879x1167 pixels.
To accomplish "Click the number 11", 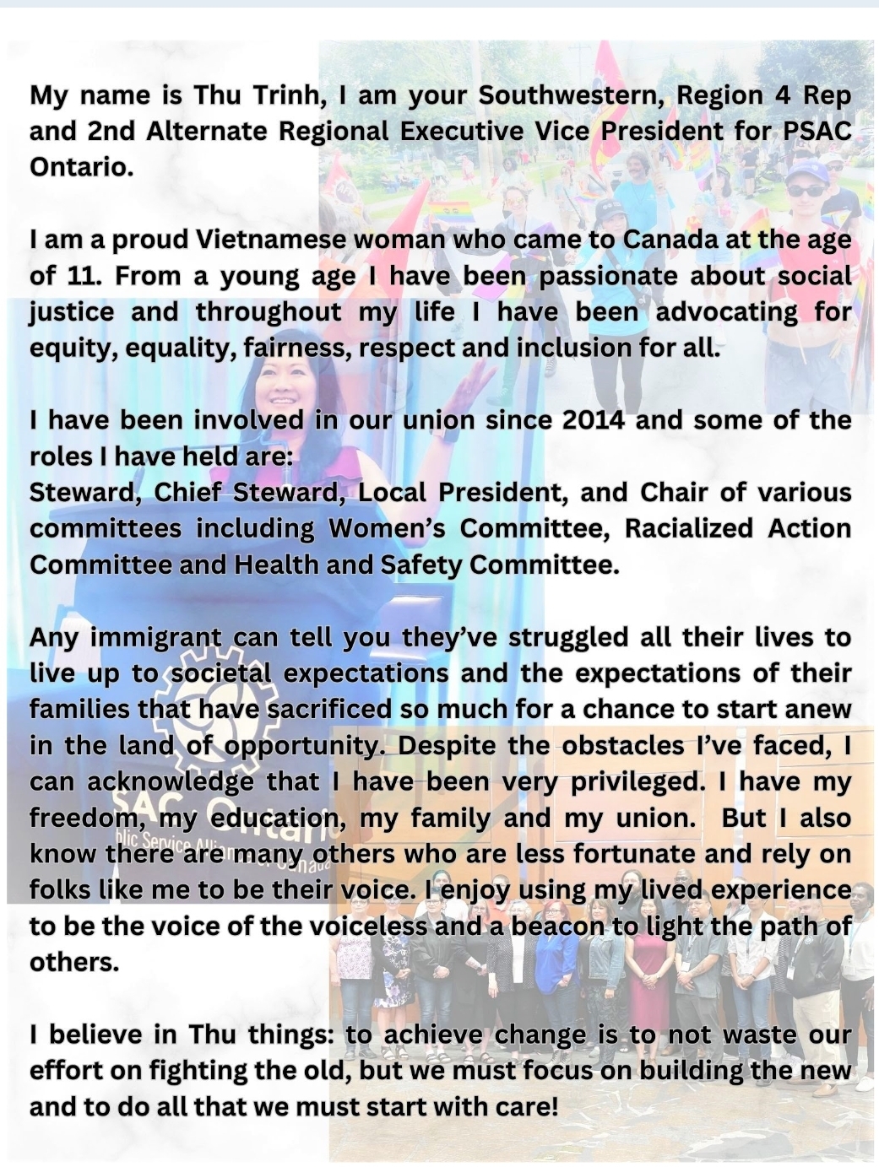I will [81, 276].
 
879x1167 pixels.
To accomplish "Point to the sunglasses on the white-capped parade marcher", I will [807, 192].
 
